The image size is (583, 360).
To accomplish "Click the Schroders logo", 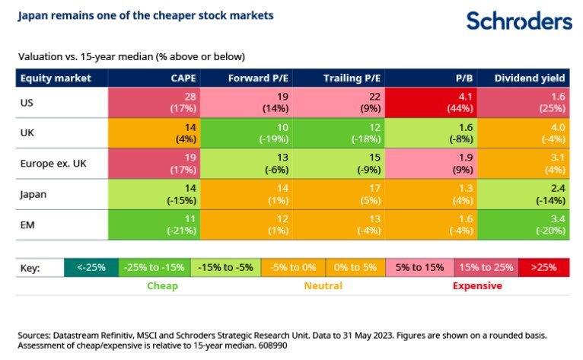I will pos(519,21).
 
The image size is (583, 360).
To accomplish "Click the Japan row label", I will pos(34,194).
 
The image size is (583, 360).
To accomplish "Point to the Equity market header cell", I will pos(56,78).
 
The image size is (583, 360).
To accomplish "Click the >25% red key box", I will pos(544,268).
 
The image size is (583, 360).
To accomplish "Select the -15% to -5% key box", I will pos(225,268).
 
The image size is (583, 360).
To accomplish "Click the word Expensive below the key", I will pos(477,286).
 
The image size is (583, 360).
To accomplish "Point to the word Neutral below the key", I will pos(323,286).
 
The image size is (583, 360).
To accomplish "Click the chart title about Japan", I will pos(146,15).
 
